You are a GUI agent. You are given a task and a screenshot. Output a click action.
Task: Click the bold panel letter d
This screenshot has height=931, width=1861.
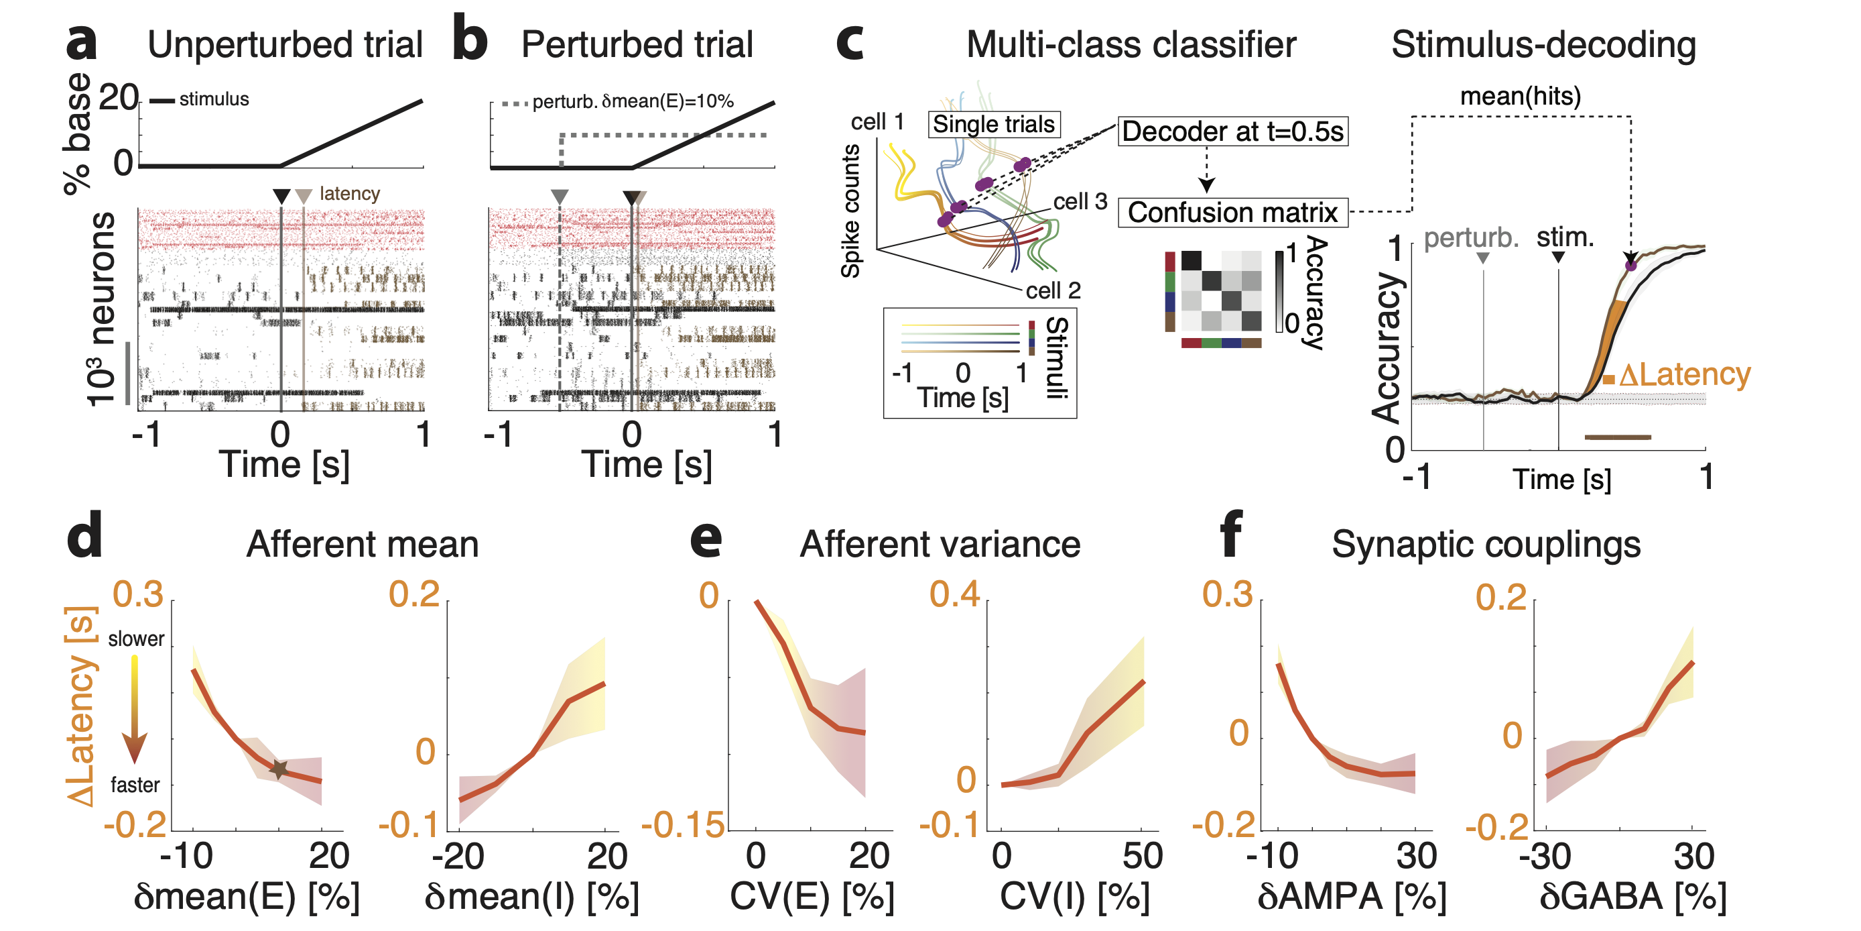point(84,536)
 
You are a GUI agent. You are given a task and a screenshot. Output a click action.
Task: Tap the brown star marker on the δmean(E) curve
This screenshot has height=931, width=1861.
point(279,770)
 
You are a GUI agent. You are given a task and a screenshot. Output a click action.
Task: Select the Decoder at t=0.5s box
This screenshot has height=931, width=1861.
point(1232,131)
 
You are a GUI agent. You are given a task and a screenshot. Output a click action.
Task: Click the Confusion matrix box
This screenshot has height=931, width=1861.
point(1232,213)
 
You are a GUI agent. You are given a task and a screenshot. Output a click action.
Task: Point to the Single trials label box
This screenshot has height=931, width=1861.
point(993,124)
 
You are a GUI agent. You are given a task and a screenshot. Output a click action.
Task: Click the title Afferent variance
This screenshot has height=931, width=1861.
point(939,544)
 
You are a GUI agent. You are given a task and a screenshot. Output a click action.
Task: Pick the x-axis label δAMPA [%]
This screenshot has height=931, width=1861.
point(1352,896)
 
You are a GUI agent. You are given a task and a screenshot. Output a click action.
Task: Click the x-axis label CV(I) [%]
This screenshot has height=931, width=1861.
point(1074,896)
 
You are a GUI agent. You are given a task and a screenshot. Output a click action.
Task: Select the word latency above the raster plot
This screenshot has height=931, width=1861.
point(350,194)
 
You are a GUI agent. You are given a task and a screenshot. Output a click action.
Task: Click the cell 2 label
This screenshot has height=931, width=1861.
point(1053,290)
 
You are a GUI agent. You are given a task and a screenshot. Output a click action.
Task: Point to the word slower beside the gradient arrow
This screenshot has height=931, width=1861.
point(136,639)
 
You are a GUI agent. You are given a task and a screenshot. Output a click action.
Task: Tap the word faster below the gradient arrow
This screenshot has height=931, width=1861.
point(135,785)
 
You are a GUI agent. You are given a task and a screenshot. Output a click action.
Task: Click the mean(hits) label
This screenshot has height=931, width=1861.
point(1520,96)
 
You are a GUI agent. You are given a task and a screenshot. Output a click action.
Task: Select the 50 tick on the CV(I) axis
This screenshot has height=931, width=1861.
point(1142,856)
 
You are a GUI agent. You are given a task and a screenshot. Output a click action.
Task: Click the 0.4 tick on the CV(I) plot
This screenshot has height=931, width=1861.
point(954,594)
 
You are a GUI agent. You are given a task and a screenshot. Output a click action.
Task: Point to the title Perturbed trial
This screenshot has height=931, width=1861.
point(637,45)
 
